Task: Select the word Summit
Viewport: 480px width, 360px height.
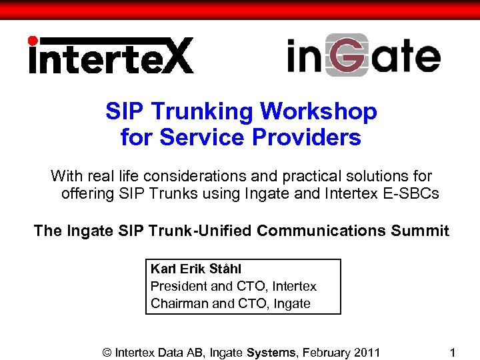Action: [x=420, y=231]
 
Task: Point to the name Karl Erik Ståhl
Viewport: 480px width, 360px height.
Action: [x=196, y=269]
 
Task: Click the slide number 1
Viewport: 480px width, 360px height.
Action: [x=453, y=351]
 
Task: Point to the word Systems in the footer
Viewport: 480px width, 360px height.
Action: [x=271, y=351]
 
